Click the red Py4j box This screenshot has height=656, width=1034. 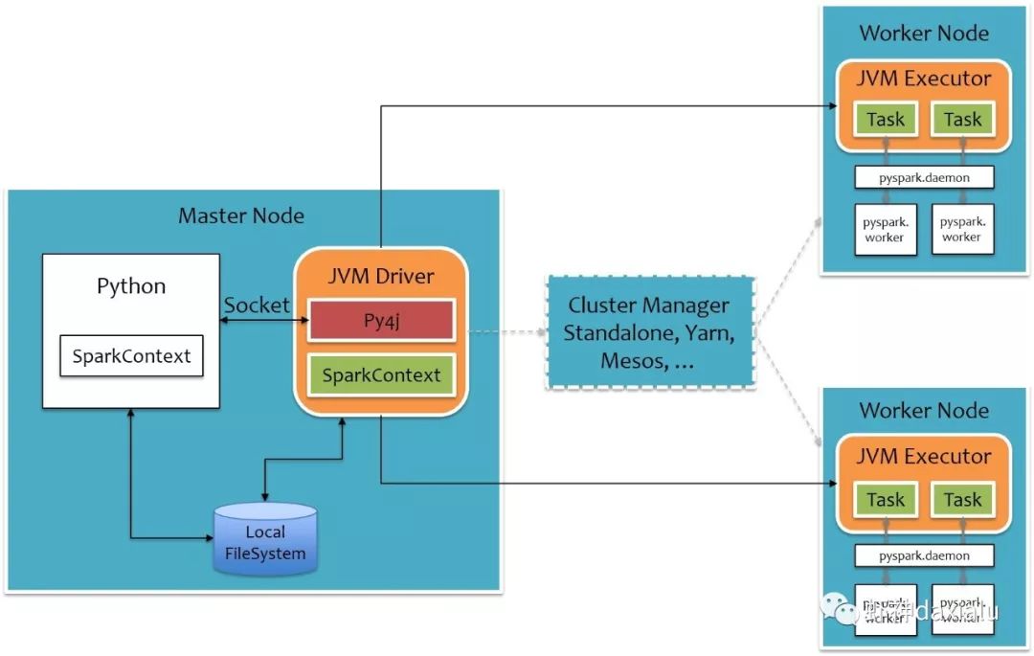click(381, 321)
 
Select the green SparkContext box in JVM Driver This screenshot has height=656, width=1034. click(381, 374)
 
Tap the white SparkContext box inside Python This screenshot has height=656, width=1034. click(132, 356)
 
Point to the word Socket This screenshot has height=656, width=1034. click(256, 305)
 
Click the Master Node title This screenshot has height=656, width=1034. click(241, 215)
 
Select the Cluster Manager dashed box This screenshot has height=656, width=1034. click(650, 333)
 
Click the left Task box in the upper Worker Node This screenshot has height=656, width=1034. click(885, 120)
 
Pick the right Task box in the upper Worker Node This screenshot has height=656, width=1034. click(962, 120)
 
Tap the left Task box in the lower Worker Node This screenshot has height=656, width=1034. click(885, 499)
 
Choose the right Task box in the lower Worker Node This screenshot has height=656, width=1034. click(962, 499)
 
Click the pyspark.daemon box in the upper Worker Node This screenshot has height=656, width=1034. click(924, 177)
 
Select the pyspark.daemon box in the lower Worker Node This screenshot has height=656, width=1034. click(924, 555)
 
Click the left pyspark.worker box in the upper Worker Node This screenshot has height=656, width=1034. click(885, 229)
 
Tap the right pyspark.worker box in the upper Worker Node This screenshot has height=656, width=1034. click(962, 229)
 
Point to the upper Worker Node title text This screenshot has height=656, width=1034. click(923, 34)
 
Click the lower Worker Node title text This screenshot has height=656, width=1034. click(923, 411)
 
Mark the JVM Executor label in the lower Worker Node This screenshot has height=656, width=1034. click(923, 456)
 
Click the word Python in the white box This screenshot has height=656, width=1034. click(131, 286)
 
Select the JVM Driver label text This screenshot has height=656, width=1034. click(381, 277)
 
